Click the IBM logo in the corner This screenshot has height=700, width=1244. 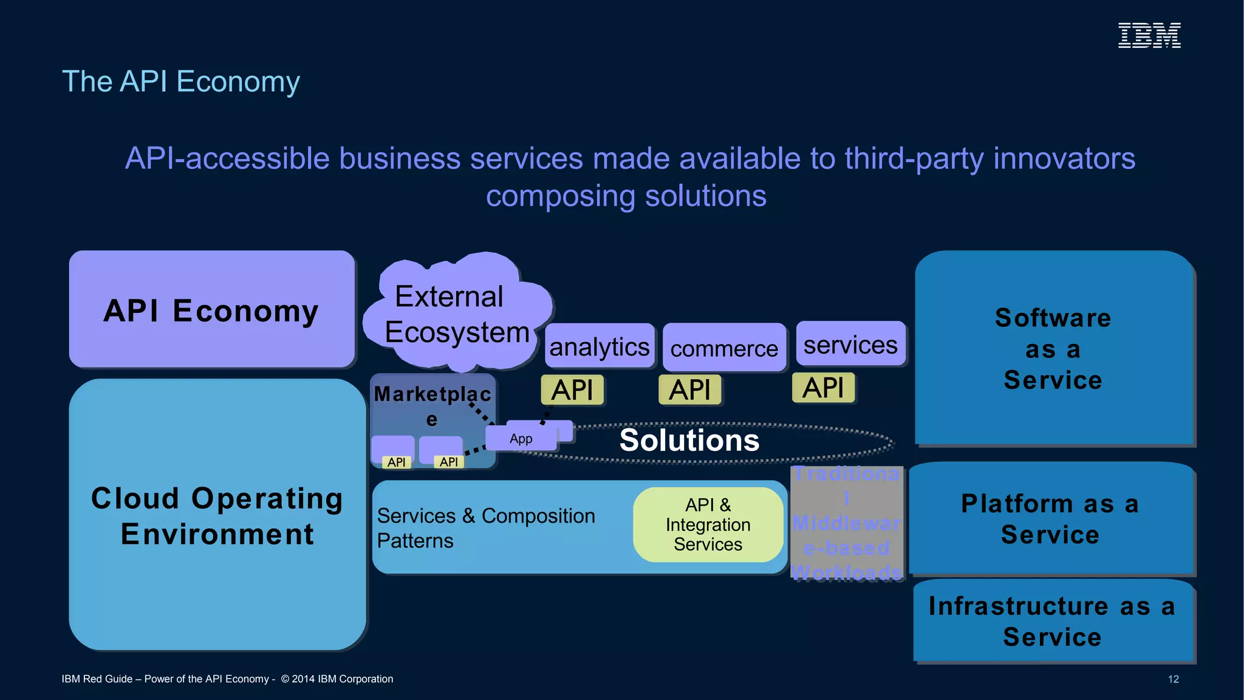coord(1149,35)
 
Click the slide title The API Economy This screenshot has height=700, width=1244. coord(181,81)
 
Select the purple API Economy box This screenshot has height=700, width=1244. coord(211,309)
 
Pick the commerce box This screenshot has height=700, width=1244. coord(724,348)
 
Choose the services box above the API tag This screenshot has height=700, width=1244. coord(850,344)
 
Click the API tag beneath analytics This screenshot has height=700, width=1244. coord(572,389)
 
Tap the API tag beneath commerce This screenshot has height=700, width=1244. coord(690,389)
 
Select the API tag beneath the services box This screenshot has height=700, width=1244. coord(823,388)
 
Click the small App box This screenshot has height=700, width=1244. coord(521,438)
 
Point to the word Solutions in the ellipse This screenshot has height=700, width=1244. coord(689,440)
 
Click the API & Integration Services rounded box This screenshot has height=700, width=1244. coord(708,524)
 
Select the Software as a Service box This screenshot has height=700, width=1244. coord(1053,348)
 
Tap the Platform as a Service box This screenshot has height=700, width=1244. coord(1050,519)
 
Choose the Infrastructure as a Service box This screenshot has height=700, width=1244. coord(1052,621)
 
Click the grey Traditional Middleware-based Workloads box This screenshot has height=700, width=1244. coord(847,523)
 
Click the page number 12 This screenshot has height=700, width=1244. coord(1173,679)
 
